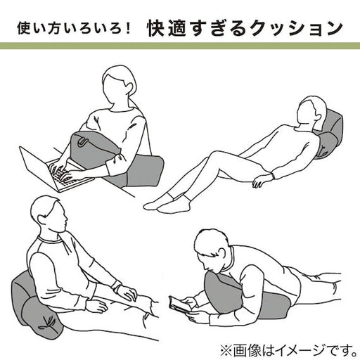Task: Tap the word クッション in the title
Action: point(296,29)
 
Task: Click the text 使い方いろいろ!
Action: point(74,28)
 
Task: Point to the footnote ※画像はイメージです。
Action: point(288,350)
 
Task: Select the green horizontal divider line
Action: point(180,46)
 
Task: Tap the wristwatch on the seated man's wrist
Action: point(115,285)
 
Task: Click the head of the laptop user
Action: point(119,86)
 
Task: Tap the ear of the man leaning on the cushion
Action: point(41,220)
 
